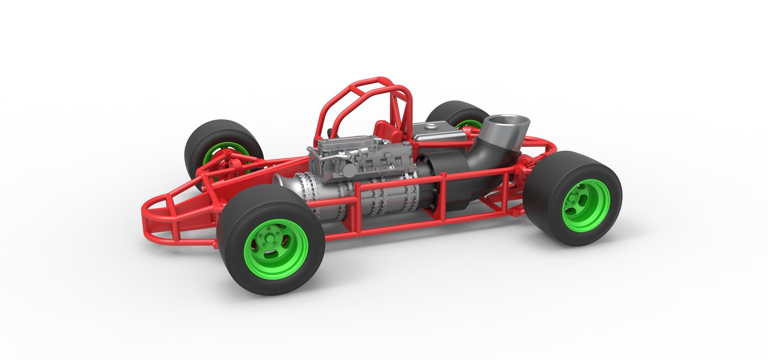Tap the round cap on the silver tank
(431, 127)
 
